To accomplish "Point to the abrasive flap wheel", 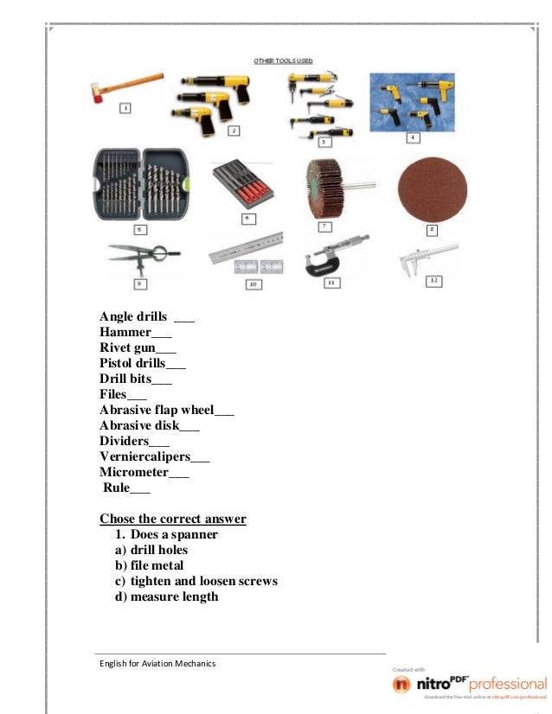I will click(330, 189).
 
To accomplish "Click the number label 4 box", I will click(413, 137).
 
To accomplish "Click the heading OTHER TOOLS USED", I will click(283, 61).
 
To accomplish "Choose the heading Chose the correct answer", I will click(173, 519).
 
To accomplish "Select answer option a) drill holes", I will click(151, 550).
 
